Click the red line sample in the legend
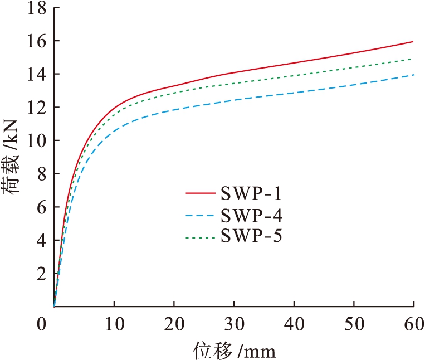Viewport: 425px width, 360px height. point(200,193)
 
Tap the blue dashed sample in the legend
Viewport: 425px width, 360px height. point(200,215)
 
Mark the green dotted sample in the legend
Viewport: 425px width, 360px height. point(200,236)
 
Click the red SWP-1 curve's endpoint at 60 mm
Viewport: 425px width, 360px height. point(413,42)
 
